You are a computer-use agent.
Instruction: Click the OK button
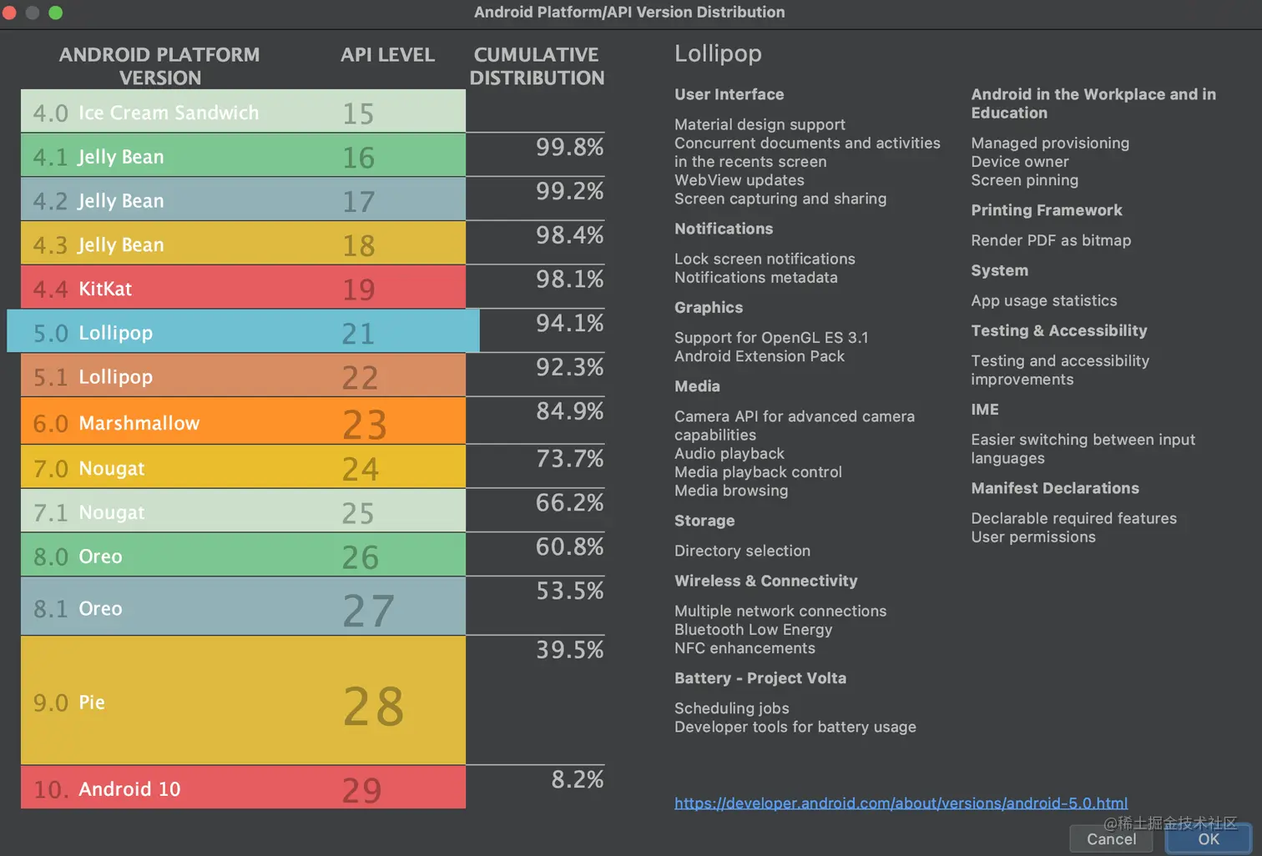tap(1208, 839)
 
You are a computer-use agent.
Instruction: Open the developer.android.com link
tap(901, 803)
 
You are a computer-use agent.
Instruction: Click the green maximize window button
tap(56, 13)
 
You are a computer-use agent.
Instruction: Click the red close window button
tap(9, 13)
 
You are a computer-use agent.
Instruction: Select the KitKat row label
tap(105, 289)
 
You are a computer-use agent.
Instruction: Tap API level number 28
tap(373, 706)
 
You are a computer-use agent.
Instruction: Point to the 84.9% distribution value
tap(569, 411)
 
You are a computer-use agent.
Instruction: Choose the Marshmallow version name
tap(139, 423)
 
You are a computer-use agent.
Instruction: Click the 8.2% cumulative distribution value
tap(577, 779)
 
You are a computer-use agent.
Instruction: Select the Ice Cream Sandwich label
tap(168, 113)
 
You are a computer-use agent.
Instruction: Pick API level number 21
tap(358, 334)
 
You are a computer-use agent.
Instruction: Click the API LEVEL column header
tap(387, 55)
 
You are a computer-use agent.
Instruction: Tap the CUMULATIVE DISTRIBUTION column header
tap(537, 66)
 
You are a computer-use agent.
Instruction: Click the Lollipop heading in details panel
tap(718, 53)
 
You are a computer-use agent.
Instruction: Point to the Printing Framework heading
tap(1046, 210)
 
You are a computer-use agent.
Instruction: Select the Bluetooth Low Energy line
tap(753, 630)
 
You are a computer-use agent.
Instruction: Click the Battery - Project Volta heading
tap(760, 678)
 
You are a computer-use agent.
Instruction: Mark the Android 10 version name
tap(129, 789)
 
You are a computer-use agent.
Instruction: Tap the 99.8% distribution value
tap(569, 148)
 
